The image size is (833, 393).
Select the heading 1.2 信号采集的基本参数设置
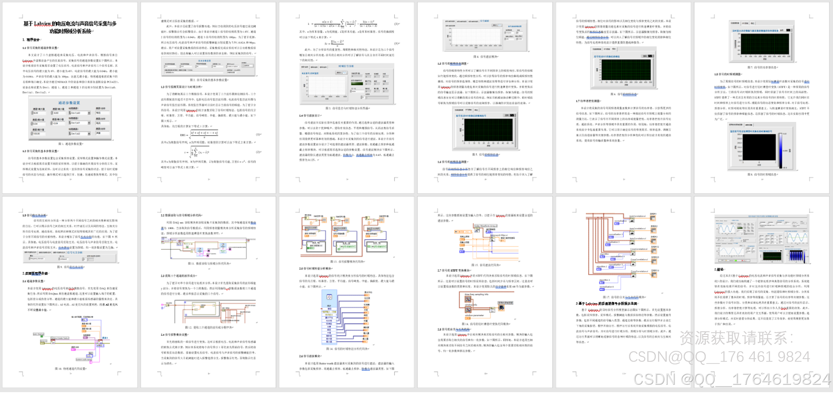coord(40,151)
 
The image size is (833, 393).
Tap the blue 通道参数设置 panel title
coord(69,103)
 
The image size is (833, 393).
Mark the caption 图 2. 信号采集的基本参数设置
coord(208,80)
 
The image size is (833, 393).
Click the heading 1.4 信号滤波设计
coord(310,116)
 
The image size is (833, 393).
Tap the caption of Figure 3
coord(347,108)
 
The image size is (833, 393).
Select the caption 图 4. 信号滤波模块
coord(485,56)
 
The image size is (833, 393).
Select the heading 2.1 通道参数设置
coord(33,281)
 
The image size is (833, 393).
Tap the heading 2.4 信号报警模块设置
coord(175,335)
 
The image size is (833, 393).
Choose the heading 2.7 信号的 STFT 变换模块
coord(454,270)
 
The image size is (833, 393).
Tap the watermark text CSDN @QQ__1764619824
coord(731,379)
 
